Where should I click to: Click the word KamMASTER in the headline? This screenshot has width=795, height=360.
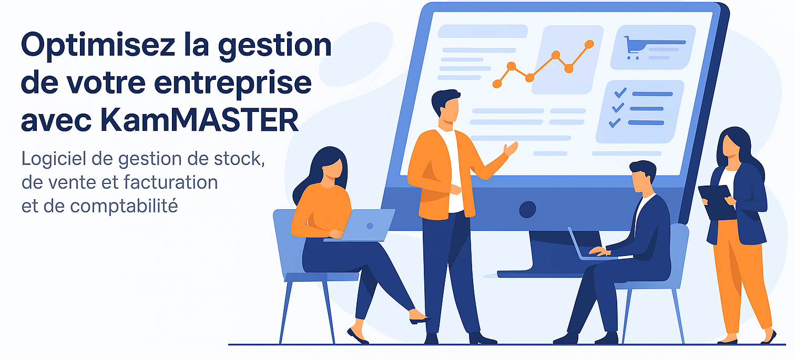(x=199, y=120)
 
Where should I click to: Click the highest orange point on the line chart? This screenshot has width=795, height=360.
(x=589, y=44)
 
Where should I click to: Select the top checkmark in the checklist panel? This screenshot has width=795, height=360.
(x=620, y=93)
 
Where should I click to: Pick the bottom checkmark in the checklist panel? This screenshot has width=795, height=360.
(x=614, y=122)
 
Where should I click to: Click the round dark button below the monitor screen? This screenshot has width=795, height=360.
(x=527, y=209)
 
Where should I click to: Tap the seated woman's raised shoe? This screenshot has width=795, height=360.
(x=419, y=317)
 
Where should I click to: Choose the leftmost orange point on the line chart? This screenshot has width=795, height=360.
(x=497, y=84)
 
